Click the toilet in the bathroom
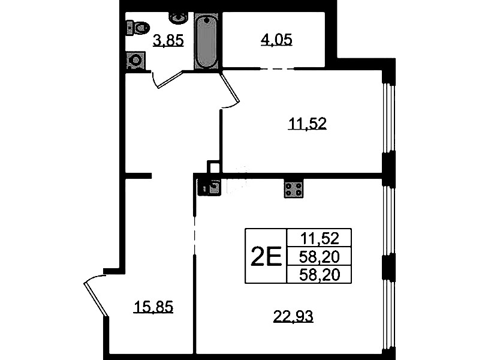[x=137, y=28]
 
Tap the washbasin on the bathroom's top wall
[x=177, y=18]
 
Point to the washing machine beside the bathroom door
[x=135, y=60]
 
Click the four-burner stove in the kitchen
[x=294, y=189]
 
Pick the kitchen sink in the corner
[x=210, y=187]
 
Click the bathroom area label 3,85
[x=168, y=41]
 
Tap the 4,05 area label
[x=276, y=40]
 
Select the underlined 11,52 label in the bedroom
[x=308, y=124]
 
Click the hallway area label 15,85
[x=153, y=307]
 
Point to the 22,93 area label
[x=293, y=316]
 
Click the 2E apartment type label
[x=266, y=256]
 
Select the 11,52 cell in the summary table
[x=320, y=238]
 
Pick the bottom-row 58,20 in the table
[x=320, y=275]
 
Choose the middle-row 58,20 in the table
[x=320, y=257]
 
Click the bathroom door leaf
[x=170, y=80]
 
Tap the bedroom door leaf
[x=230, y=88]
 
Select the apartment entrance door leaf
[x=96, y=299]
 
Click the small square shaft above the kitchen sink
[x=213, y=167]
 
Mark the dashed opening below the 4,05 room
[x=277, y=69]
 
